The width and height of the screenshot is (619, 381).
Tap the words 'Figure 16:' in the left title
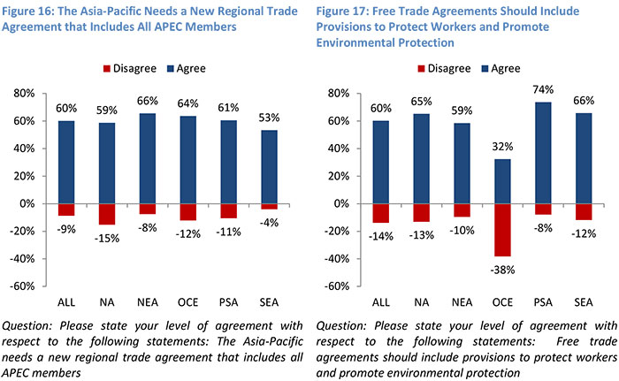pyautogui.click(x=32, y=11)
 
